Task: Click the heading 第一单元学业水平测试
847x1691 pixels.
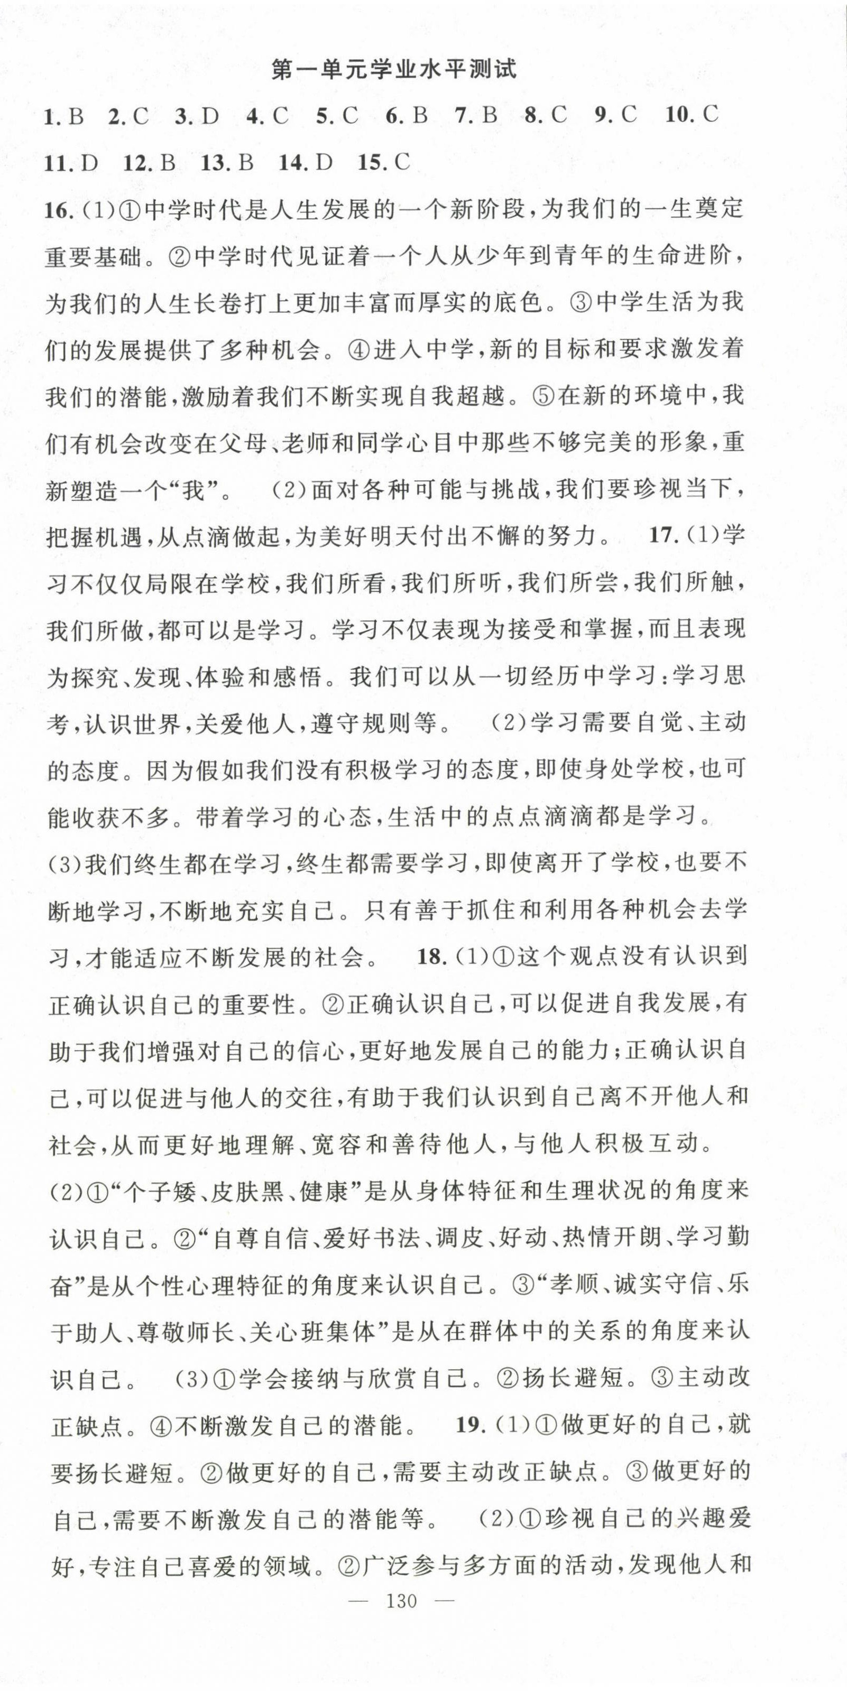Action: tap(394, 70)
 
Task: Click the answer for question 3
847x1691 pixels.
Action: tap(197, 117)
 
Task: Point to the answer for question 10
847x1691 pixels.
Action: tap(692, 116)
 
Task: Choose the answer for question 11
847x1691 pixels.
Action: tap(71, 163)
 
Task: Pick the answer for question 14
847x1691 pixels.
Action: tap(307, 162)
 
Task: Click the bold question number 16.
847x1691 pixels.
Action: tap(58, 210)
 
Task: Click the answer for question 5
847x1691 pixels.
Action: tap(337, 117)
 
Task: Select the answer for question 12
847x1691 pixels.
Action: tap(150, 163)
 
